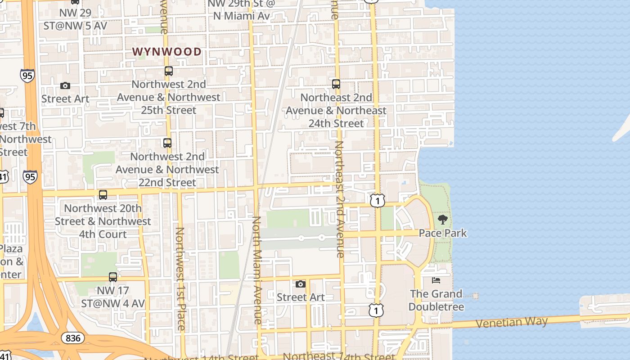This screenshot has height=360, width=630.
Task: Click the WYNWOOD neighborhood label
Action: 167,52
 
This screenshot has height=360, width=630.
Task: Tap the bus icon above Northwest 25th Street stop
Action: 169,71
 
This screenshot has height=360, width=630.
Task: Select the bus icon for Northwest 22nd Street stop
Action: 167,143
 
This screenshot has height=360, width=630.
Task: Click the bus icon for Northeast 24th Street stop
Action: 336,84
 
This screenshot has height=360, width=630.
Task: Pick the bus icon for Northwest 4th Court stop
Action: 103,195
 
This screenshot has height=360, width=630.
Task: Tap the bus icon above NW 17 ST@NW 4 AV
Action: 113,277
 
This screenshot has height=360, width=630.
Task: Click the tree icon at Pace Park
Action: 443,220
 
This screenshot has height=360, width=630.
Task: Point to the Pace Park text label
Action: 443,233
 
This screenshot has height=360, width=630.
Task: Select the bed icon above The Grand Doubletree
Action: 436,280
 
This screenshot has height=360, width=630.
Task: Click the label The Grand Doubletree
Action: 436,300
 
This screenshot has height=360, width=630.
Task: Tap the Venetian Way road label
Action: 512,322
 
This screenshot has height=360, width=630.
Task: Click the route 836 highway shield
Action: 72,338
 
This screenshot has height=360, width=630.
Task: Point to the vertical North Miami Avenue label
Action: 257,270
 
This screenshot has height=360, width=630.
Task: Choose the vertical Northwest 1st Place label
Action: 180,279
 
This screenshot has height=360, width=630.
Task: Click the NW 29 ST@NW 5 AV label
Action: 75,19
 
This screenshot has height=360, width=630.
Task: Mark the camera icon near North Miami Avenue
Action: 300,284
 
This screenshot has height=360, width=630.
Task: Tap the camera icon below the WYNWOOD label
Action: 65,86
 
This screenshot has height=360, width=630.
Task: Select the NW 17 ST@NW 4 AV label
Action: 113,297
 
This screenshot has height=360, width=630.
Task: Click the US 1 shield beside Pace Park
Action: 378,201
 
